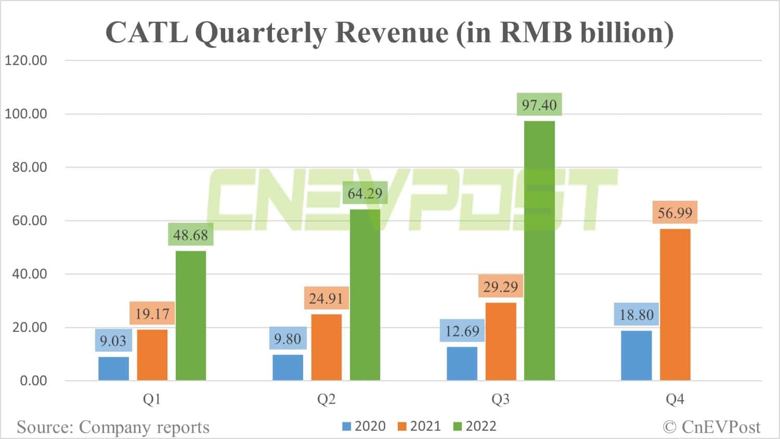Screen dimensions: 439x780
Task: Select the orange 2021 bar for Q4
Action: click(675, 305)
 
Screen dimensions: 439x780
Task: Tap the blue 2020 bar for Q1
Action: click(113, 368)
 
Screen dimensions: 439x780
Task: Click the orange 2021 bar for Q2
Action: click(326, 347)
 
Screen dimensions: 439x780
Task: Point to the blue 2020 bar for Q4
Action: click(636, 356)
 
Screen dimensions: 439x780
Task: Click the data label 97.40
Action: click(539, 105)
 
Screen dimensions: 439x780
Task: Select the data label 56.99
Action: click(675, 213)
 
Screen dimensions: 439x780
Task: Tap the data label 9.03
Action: click(113, 341)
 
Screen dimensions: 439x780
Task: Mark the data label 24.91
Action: click(326, 299)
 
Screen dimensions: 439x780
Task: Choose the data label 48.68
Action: click(190, 235)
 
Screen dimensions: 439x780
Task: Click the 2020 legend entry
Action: click(364, 427)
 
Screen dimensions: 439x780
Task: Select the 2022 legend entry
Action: click(475, 427)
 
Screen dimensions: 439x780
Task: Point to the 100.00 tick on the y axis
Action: click(26, 114)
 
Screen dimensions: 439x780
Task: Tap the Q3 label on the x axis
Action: click(500, 399)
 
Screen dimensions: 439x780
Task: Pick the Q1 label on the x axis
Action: click(152, 399)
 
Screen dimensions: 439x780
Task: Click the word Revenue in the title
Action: click(392, 33)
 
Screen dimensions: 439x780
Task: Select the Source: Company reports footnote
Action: click(113, 428)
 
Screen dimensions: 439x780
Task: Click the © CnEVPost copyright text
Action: click(711, 428)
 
